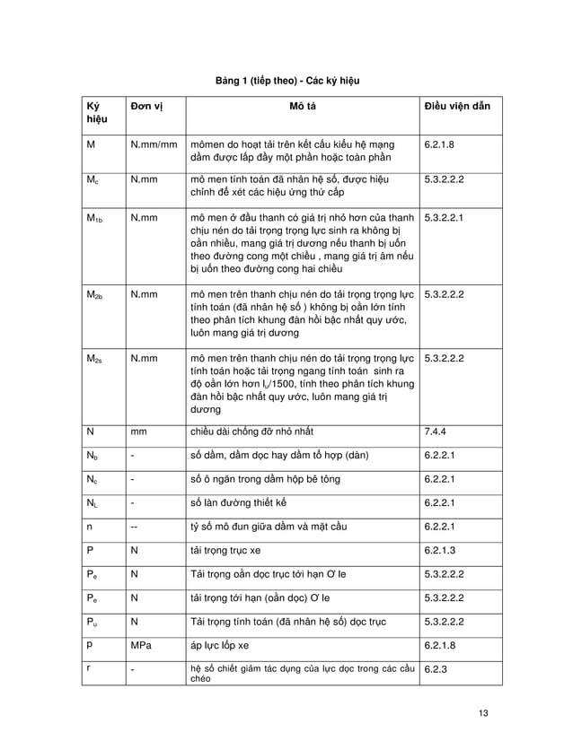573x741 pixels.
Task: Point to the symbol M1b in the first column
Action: coord(93,218)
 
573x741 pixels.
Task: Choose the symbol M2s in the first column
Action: coord(93,358)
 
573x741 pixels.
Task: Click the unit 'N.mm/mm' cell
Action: coord(154,144)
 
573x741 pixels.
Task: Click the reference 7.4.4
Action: coord(436,432)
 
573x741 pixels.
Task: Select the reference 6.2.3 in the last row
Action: coord(436,669)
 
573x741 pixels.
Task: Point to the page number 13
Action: coord(484,713)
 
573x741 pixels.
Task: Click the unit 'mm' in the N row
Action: coord(138,432)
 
